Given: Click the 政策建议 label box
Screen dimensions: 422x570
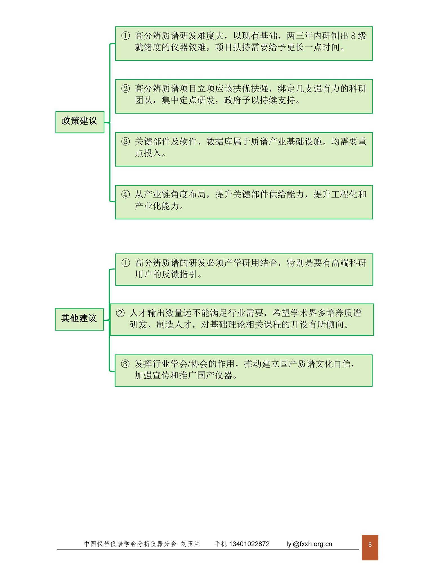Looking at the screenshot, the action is [80, 122].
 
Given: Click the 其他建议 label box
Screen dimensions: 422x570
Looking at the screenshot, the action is [79, 319].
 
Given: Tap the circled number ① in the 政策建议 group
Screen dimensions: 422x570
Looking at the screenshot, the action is [125, 36].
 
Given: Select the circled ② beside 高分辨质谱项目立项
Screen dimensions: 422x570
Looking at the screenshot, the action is [125, 89].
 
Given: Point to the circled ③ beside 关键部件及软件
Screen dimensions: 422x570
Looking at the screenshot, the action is [125, 141].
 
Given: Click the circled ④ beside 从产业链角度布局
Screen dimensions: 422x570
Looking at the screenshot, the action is [125, 194].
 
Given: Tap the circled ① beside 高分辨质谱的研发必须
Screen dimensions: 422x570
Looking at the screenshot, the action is [126, 263].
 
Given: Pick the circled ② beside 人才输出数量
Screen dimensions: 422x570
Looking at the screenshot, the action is [120, 313].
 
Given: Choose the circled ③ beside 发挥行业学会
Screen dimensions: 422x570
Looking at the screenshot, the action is [125, 363].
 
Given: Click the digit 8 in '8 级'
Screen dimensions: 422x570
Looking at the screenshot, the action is [353, 36].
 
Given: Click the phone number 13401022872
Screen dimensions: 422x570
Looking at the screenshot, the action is [249, 544].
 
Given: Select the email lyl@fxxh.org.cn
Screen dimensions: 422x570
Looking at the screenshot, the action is [309, 544].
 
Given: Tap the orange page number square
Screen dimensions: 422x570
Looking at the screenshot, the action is [370, 547].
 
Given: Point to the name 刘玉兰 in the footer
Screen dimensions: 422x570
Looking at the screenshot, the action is [190, 544].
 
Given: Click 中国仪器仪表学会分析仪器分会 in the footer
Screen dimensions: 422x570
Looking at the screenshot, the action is [130, 544].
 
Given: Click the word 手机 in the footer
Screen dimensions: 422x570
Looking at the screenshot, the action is [221, 544].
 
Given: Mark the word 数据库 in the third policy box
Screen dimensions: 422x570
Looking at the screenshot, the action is [219, 141].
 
